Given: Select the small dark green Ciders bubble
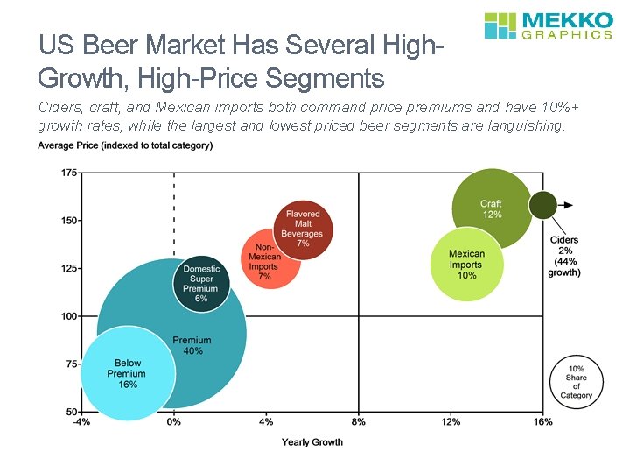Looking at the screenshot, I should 542,205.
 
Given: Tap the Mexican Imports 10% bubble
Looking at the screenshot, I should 466,264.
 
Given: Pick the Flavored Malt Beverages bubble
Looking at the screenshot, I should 303,229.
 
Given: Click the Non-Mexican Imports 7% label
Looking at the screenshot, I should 264,262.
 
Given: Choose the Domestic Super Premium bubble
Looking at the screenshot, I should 201,283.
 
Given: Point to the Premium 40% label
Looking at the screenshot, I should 192,346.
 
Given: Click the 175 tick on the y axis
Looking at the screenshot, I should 67,173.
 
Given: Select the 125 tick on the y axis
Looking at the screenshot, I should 67,268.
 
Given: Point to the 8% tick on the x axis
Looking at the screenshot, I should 358,423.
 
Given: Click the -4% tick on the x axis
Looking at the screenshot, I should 82,423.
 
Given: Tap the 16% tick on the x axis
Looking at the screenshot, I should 542,423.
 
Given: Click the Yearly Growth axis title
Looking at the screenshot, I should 312,442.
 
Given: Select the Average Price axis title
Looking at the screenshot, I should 125,145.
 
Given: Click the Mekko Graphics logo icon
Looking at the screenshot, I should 501,25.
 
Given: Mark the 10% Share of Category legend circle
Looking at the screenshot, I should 576,382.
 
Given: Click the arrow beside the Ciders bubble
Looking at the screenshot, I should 567,205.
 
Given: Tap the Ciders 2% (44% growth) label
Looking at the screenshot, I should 564,256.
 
